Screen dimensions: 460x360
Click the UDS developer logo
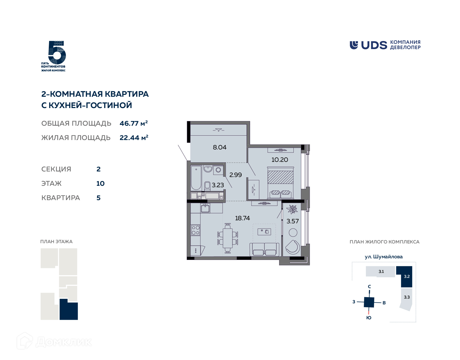point(385,45)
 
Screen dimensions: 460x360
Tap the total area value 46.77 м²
point(133,123)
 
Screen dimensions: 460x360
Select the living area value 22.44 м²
point(134,138)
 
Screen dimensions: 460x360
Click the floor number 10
point(100,184)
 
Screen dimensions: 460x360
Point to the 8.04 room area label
point(220,147)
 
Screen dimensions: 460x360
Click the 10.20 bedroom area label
point(280,160)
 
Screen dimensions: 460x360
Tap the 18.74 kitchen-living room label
point(242,218)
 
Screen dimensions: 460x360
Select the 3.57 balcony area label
point(293,221)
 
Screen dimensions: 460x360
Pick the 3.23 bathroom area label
point(218,185)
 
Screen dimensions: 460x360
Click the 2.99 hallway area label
point(236,175)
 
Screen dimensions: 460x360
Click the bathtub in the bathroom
point(196,178)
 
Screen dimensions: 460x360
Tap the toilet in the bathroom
point(207,186)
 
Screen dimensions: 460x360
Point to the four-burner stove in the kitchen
point(196,230)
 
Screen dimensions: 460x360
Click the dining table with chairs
point(228,238)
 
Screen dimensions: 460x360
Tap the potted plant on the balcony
point(292,209)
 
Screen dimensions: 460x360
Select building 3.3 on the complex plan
point(406,298)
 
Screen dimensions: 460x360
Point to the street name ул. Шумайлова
point(384,257)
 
